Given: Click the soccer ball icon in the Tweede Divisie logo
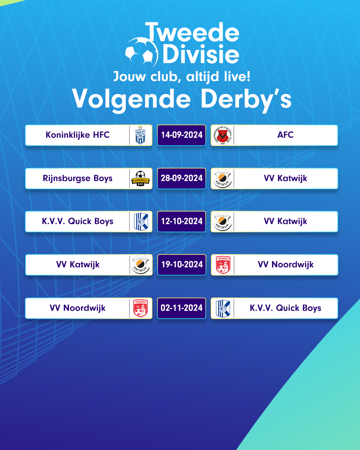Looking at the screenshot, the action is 141,52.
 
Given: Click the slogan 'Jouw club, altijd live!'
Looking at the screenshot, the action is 182,77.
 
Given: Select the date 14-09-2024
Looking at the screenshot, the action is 182,135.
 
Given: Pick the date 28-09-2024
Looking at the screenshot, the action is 182,178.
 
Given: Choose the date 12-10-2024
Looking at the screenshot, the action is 182,221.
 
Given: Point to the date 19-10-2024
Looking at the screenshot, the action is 182,265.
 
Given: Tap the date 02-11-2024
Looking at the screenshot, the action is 182,308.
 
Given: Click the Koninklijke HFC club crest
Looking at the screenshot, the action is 140,135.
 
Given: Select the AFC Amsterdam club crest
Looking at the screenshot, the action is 223,135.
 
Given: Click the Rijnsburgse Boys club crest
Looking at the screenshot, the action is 140,178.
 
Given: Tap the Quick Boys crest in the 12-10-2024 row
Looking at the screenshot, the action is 141,222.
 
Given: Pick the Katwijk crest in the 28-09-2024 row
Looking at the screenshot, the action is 223,179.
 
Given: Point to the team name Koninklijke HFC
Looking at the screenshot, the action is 78,135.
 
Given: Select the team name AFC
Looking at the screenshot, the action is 285,135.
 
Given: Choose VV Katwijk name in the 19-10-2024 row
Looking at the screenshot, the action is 78,265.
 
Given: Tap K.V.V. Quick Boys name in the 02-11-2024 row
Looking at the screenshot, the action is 285,308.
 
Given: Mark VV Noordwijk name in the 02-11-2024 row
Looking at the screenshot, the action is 78,308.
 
